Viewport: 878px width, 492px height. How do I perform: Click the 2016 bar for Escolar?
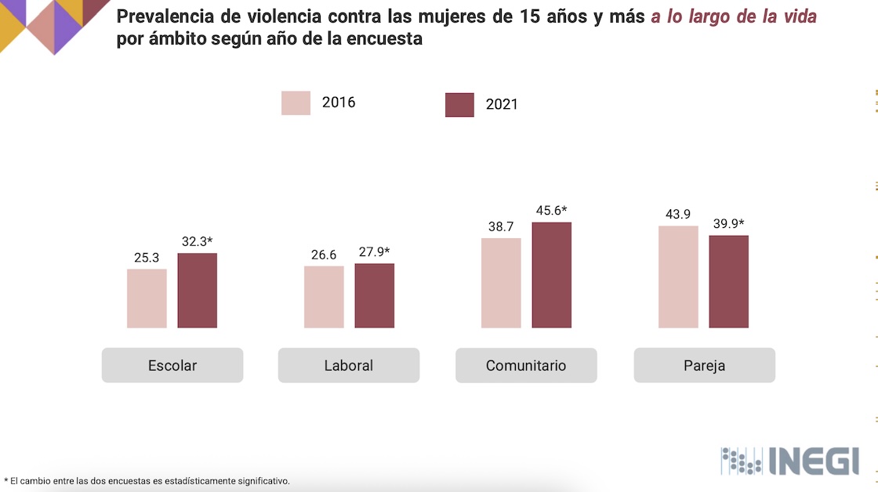point(147,298)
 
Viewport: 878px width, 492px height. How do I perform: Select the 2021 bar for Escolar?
point(197,291)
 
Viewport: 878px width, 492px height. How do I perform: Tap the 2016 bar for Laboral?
point(324,297)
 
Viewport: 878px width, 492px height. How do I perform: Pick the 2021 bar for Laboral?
point(374,295)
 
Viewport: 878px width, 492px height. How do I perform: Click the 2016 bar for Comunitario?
point(501,283)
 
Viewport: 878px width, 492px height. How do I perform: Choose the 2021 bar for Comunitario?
point(552,275)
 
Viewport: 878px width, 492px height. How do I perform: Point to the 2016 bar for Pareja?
point(678,277)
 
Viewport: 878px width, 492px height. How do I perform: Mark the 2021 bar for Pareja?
point(729,281)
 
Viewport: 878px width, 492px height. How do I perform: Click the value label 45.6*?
point(551,210)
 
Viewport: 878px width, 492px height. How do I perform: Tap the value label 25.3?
point(147,257)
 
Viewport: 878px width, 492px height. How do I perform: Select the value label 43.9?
point(678,214)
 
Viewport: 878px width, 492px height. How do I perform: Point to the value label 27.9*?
point(374,251)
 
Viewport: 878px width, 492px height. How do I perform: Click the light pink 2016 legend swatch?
point(296,103)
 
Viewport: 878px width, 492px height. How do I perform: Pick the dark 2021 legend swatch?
point(459,104)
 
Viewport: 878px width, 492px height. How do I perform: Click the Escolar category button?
point(172,365)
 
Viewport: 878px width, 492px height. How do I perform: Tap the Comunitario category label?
point(526,365)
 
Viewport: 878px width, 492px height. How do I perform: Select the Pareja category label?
point(704,365)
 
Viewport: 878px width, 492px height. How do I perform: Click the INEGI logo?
point(789,461)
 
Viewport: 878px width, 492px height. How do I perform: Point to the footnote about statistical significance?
point(147,480)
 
